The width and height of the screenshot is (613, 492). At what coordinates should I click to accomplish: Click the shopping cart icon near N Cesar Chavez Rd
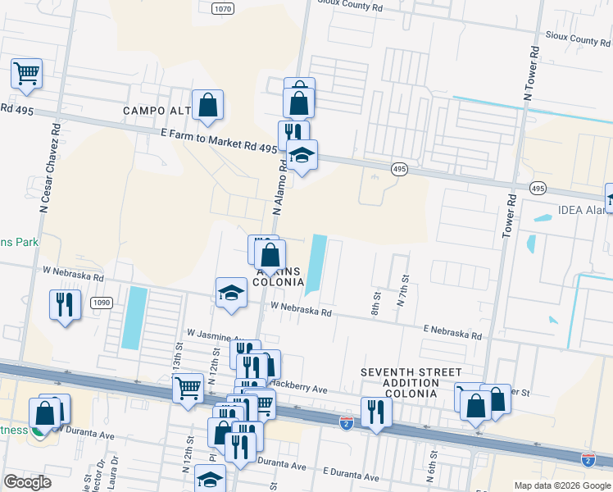[26, 73]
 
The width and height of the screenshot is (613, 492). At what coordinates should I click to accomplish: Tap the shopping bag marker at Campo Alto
[208, 105]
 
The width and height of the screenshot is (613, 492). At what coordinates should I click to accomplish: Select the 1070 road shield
[222, 8]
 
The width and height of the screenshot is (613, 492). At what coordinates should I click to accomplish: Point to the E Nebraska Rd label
[452, 332]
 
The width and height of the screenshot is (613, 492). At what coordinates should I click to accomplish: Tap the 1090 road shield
[101, 303]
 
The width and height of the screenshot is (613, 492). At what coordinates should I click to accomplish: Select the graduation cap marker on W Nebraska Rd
[232, 293]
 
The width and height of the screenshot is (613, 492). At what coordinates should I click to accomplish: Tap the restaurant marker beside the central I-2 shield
[376, 412]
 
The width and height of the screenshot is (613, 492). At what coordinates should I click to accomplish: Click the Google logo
[28, 482]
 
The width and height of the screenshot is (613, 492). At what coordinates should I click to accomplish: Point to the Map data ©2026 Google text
[561, 485]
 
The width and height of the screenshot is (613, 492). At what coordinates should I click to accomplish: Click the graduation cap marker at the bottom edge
[210, 479]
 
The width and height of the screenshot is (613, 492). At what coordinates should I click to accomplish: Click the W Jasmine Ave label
[216, 335]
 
